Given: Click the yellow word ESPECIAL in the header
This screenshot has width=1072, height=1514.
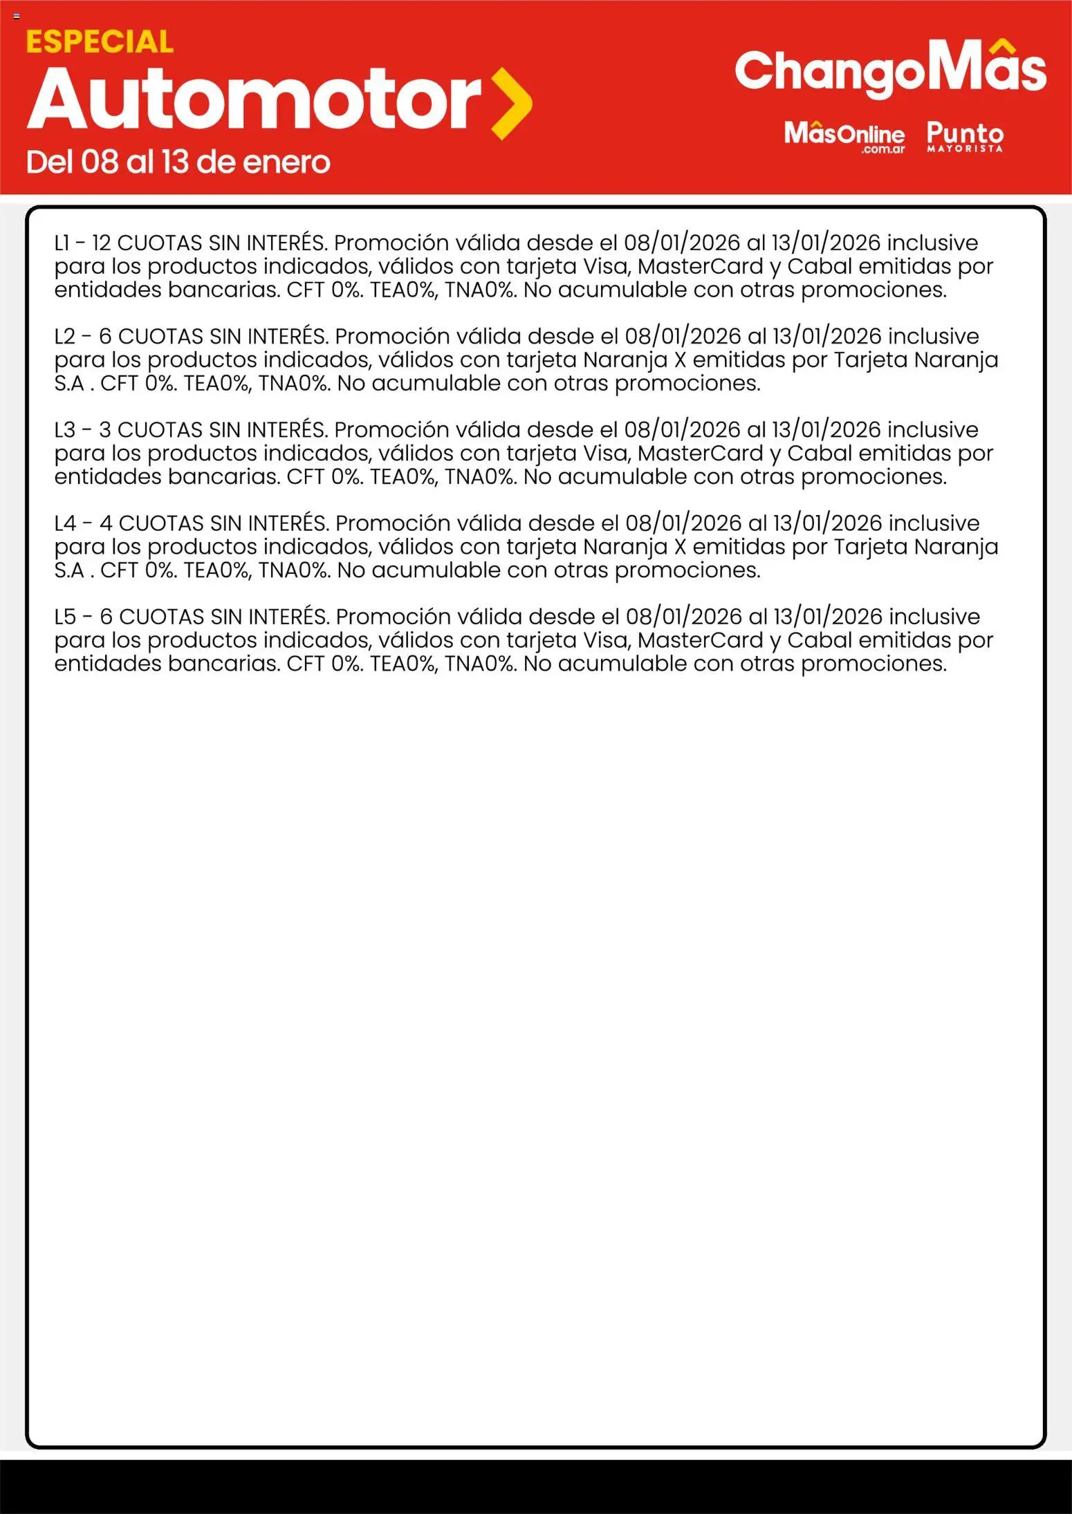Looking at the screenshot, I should [x=100, y=42].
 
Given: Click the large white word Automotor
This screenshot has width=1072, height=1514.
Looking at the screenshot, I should [x=254, y=100].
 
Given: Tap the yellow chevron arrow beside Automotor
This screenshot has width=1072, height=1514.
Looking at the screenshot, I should [x=511, y=104].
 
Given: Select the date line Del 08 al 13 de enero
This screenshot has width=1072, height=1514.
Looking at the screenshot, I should [x=178, y=162].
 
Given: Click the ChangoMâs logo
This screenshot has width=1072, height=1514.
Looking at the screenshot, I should [x=890, y=71].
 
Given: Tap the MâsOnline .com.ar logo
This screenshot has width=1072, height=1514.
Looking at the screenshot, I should [x=844, y=135].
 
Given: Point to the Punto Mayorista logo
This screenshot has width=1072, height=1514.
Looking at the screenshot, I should [x=965, y=135].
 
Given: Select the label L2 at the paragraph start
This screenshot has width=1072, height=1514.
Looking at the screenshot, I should [x=65, y=337].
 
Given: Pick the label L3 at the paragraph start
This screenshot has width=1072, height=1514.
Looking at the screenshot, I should [x=65, y=430].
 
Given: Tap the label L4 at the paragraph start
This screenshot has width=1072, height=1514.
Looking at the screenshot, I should [x=65, y=523].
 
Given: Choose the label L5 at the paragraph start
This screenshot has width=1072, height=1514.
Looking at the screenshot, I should [x=65, y=617].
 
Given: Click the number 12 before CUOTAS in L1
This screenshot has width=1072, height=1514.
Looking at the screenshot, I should [x=101, y=243].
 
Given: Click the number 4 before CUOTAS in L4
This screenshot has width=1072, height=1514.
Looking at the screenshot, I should [x=106, y=523].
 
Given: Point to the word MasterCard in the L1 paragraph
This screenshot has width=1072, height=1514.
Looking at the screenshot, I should [x=700, y=267].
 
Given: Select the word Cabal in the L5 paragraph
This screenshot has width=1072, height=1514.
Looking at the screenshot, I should [x=820, y=640].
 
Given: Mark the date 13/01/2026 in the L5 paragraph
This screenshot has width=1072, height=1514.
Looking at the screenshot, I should [x=827, y=617].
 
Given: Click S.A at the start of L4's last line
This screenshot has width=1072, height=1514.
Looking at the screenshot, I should [x=69, y=570].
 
